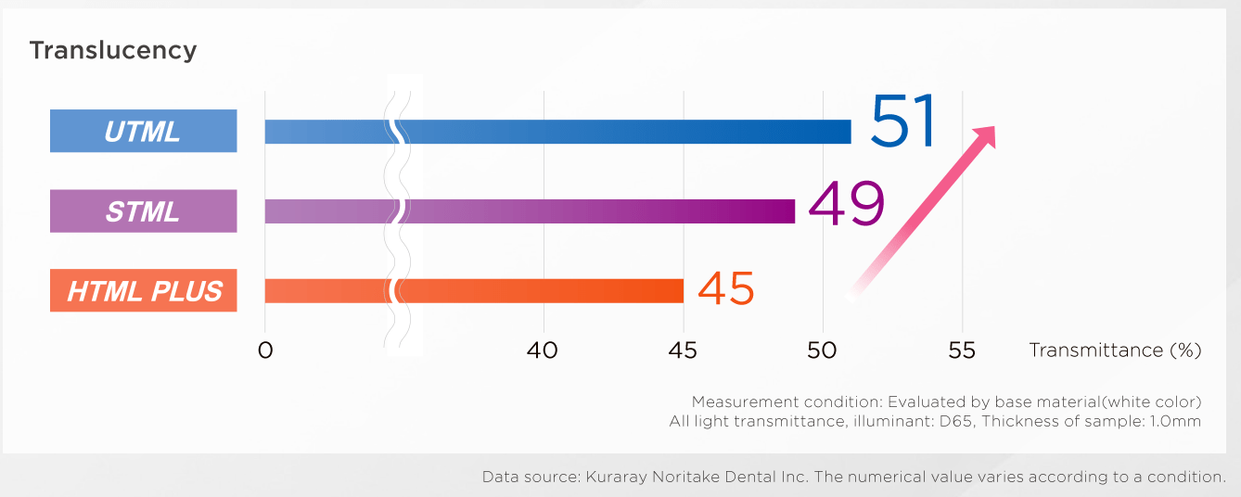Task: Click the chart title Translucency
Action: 112,50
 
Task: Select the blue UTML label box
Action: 143,131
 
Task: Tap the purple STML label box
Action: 143,211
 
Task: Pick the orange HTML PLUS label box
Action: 143,291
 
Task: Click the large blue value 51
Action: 904,121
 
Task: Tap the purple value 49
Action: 846,204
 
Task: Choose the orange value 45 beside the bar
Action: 725,289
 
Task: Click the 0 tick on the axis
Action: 265,350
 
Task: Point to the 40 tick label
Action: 543,350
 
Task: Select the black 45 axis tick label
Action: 683,350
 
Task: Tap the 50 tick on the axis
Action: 823,350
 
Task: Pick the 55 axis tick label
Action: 963,350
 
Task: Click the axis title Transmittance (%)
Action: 1115,350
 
